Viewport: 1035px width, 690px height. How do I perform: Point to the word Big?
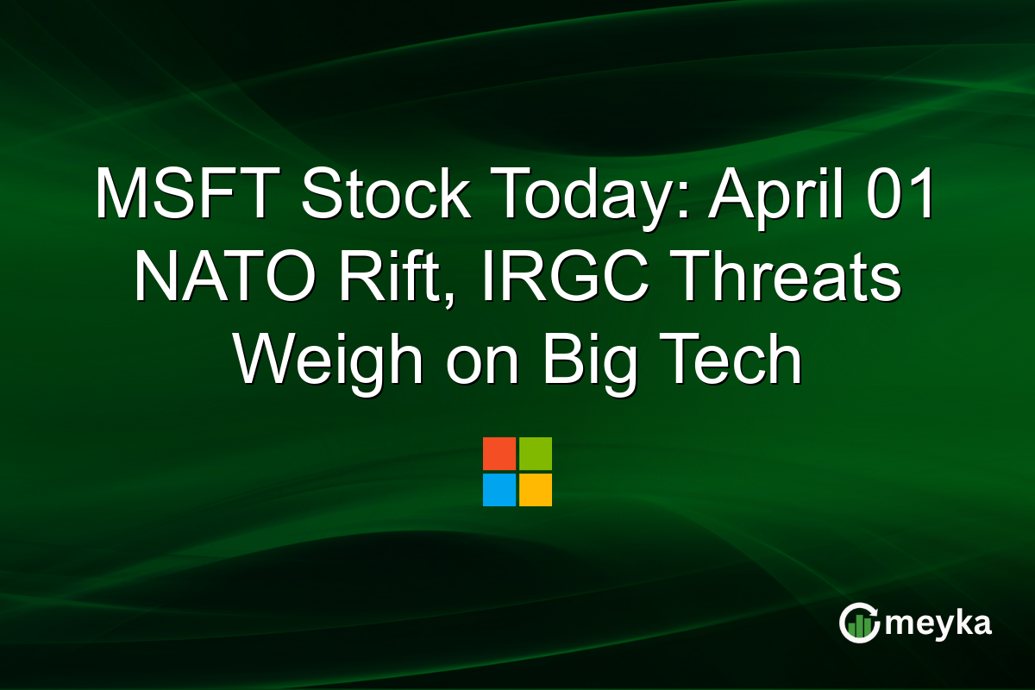click(x=592, y=361)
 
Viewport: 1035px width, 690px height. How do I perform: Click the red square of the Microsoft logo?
click(x=499, y=454)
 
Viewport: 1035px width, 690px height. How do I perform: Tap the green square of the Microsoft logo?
click(x=536, y=454)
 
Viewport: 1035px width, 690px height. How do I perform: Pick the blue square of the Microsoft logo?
click(x=499, y=490)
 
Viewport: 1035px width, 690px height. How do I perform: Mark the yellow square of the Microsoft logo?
click(x=536, y=490)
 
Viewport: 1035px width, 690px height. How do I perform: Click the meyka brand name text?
click(x=939, y=623)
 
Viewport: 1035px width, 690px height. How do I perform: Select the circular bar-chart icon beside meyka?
click(x=860, y=623)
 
